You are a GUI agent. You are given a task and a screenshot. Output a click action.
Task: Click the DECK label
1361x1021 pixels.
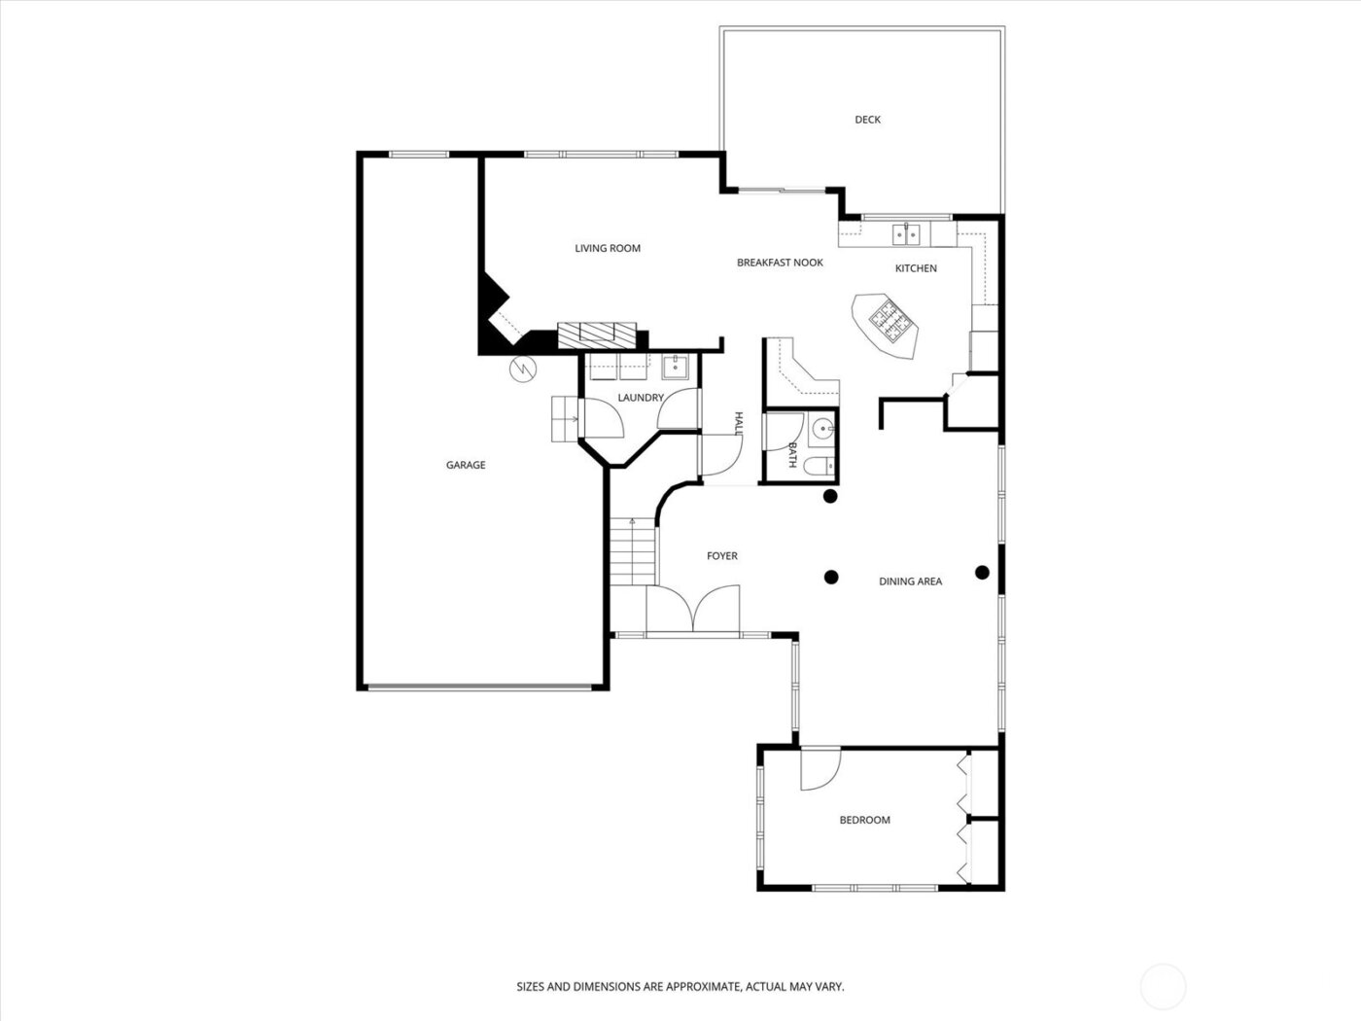pos(867,120)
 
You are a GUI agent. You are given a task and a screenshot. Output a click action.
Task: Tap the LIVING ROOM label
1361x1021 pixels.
pos(608,248)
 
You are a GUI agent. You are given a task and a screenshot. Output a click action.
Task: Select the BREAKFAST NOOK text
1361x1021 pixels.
pos(780,263)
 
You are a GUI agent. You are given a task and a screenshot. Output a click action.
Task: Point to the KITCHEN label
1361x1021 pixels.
pos(916,268)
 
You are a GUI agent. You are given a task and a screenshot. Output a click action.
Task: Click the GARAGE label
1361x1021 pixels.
pos(466,465)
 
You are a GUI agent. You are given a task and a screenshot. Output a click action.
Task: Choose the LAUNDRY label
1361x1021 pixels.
pos(641,398)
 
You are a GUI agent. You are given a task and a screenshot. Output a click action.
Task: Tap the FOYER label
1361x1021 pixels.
pos(721,556)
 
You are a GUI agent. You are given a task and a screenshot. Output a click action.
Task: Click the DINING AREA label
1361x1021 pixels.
pos(910,581)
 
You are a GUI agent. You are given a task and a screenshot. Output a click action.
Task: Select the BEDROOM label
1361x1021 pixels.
pos(864,820)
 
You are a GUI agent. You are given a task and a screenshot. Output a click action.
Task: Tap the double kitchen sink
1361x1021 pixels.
pos(906,234)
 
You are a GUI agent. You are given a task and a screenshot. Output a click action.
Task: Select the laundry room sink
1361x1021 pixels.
pos(675,367)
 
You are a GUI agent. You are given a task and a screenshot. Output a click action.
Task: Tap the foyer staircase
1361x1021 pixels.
pos(633,552)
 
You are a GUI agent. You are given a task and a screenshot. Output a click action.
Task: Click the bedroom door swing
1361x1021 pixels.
pos(819,769)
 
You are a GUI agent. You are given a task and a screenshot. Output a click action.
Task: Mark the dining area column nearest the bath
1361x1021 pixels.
pos(830,496)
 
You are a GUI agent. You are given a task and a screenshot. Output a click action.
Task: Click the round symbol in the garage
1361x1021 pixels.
pos(522,370)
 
